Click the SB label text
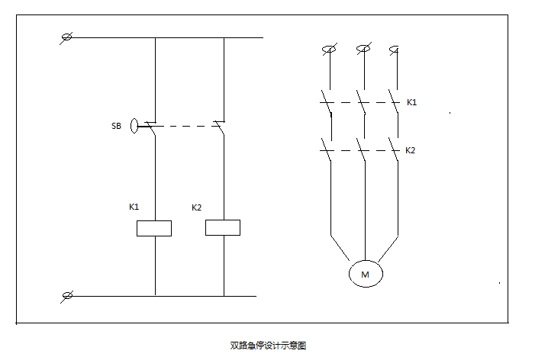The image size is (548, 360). pyautogui.click(x=116, y=126)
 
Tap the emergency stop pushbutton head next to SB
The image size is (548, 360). pyautogui.click(x=134, y=126)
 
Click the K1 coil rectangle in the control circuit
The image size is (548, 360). pyautogui.click(x=153, y=227)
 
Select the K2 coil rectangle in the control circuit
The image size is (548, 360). pyautogui.click(x=223, y=227)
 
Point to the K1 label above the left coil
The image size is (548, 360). pyautogui.click(x=134, y=207)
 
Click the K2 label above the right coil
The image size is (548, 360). pyautogui.click(x=196, y=207)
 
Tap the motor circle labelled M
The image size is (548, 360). pyautogui.click(x=365, y=273)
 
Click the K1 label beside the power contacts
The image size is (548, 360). pyautogui.click(x=411, y=101)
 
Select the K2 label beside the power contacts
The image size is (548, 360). pyautogui.click(x=410, y=150)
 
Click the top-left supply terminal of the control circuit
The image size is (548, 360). pyautogui.click(x=66, y=37)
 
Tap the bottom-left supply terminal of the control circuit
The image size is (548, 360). pyautogui.click(x=66, y=295)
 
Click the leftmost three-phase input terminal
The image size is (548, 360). pyautogui.click(x=329, y=50)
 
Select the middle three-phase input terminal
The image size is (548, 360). pyautogui.click(x=364, y=50)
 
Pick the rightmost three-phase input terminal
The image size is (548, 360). pyautogui.click(x=395, y=50)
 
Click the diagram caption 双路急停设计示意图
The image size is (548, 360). pyautogui.click(x=268, y=346)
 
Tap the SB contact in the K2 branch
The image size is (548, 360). pyautogui.click(x=220, y=127)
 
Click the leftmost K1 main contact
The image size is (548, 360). pyautogui.click(x=327, y=104)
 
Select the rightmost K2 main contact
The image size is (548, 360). pyautogui.click(x=395, y=150)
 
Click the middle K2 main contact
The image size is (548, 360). pyautogui.click(x=363, y=150)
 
